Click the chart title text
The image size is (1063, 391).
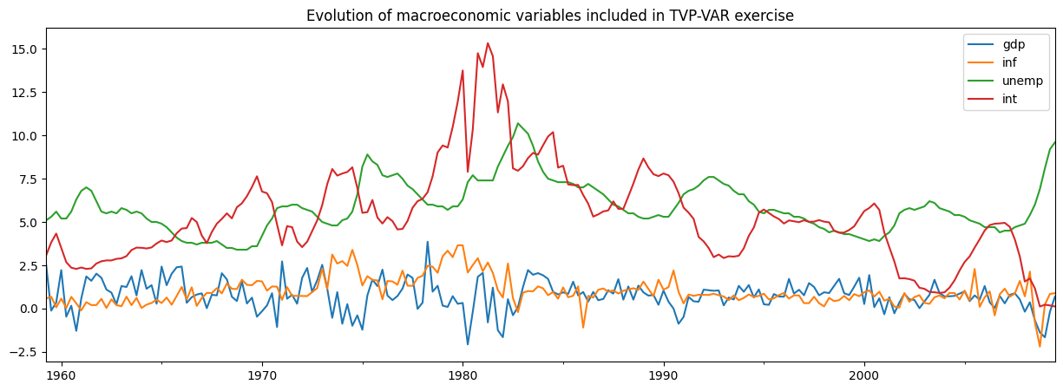coord(549,16)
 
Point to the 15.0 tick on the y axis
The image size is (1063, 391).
coord(23,49)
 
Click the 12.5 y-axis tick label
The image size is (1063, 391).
coord(23,93)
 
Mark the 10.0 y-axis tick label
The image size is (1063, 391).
coord(23,136)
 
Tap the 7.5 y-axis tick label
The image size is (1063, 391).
coord(26,179)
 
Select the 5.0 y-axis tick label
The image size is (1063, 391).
coord(26,223)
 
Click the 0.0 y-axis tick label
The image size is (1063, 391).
coord(26,310)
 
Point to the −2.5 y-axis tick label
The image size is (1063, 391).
coord(23,353)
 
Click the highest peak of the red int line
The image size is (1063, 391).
coord(488,43)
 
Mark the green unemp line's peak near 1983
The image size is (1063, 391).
coord(518,123)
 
